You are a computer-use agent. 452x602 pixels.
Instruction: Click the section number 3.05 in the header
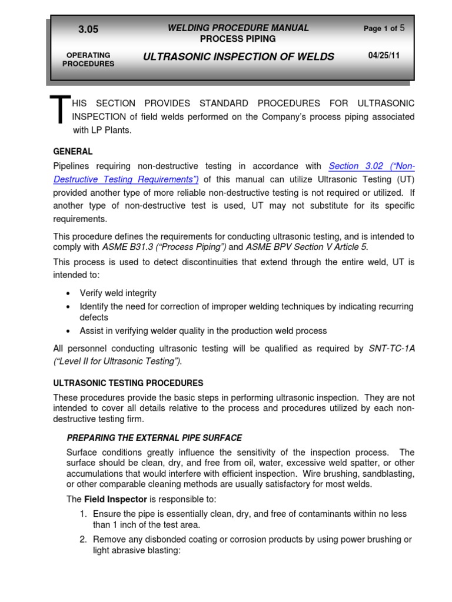click(88, 29)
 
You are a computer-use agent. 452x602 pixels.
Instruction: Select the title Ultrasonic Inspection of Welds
click(238, 56)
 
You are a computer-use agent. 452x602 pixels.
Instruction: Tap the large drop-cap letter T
click(59, 112)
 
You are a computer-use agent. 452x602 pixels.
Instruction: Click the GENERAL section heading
click(73, 151)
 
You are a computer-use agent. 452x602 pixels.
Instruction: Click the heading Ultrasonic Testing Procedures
click(128, 383)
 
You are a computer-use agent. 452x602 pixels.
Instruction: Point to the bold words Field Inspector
click(111, 499)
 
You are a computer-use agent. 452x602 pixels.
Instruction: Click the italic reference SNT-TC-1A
click(391, 348)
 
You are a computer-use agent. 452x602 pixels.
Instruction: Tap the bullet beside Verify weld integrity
click(69, 293)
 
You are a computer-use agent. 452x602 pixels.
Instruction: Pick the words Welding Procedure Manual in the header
click(238, 28)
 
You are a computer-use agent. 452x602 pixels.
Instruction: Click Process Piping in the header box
click(238, 39)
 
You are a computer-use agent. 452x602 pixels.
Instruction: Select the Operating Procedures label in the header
click(88, 59)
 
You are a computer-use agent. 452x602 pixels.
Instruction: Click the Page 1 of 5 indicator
click(384, 28)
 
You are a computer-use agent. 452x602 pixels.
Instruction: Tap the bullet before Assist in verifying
click(69, 331)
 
